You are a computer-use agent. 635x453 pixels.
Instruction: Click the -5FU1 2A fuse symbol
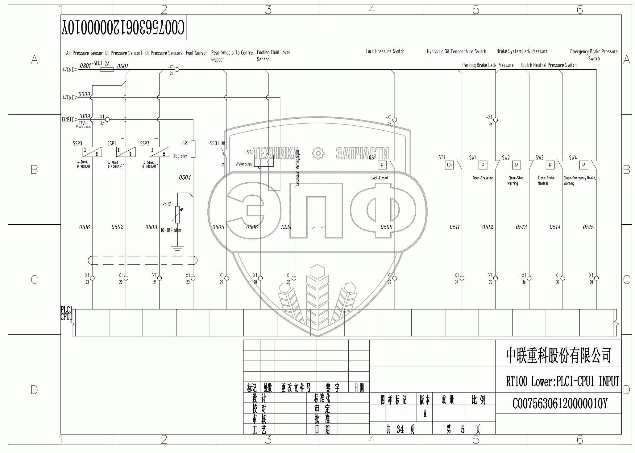coord(107,70)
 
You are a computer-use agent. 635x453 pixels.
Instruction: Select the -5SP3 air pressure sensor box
coord(92,152)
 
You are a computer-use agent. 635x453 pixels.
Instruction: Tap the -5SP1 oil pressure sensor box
coord(126,152)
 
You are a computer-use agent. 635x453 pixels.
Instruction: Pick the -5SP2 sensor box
coord(160,152)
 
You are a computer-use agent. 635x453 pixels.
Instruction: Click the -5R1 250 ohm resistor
coord(193,149)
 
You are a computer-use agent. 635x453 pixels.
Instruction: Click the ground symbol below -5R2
coord(177,248)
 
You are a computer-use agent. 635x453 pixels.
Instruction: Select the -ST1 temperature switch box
coord(449,165)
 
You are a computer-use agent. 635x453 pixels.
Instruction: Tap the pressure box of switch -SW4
coord(583,165)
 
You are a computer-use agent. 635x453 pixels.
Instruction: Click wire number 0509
coord(386,227)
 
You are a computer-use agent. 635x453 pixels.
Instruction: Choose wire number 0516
coord(84,227)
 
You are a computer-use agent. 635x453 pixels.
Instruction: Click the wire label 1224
coord(286,227)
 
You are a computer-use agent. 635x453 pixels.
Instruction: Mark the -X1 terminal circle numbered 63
coord(92,278)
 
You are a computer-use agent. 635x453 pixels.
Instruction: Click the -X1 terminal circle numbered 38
coord(596,278)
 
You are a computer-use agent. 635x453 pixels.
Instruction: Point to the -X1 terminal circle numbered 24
coord(177,70)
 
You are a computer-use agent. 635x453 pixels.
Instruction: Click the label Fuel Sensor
coord(196,53)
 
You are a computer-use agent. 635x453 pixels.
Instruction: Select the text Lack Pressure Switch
coord(385,51)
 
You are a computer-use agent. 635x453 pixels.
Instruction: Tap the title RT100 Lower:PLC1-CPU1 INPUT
coord(562,382)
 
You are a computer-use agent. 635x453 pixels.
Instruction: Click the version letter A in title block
coord(425,414)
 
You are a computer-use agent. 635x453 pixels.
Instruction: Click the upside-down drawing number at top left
coord(123,28)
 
